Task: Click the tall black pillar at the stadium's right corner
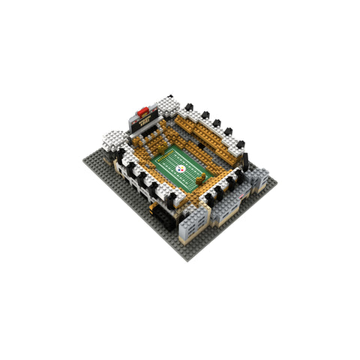244,159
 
